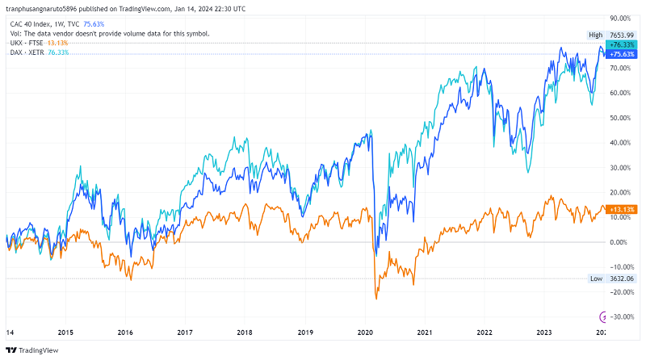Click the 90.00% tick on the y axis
coord(619,18)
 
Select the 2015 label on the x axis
coord(66,332)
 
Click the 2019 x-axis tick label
coord(305,332)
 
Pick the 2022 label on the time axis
coord(484,332)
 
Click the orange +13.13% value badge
coord(619,209)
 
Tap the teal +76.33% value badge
coord(619,44)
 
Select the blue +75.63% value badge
coord(619,55)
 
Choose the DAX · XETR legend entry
coord(28,52)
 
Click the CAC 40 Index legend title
coord(31,24)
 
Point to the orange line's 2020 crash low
coord(376,299)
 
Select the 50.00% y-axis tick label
coord(619,118)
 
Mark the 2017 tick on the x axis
coord(185,332)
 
